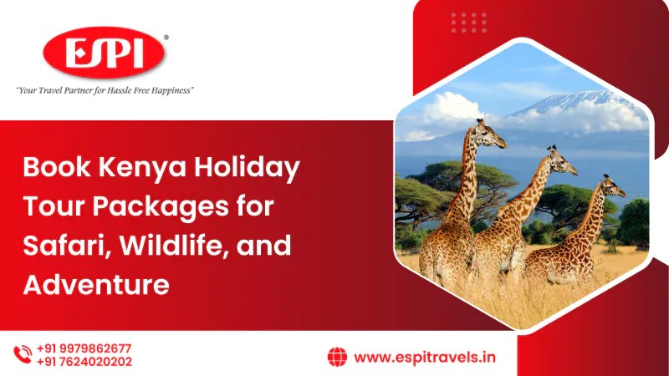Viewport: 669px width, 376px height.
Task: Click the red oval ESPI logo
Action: point(104,53)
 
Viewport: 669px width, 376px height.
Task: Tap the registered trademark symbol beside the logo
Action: point(166,38)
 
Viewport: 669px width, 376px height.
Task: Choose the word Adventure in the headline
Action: point(96,285)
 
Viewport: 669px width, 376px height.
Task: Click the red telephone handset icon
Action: point(23,354)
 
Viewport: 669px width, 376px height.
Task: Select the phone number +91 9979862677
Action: point(84,348)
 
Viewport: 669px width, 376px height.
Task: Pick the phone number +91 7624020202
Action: point(84,362)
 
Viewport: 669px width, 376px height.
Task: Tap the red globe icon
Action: point(337,357)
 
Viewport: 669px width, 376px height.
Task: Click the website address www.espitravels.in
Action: point(425,358)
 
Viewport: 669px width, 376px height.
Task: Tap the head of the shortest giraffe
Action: point(614,186)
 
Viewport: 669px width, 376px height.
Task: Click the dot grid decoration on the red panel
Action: point(469,23)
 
